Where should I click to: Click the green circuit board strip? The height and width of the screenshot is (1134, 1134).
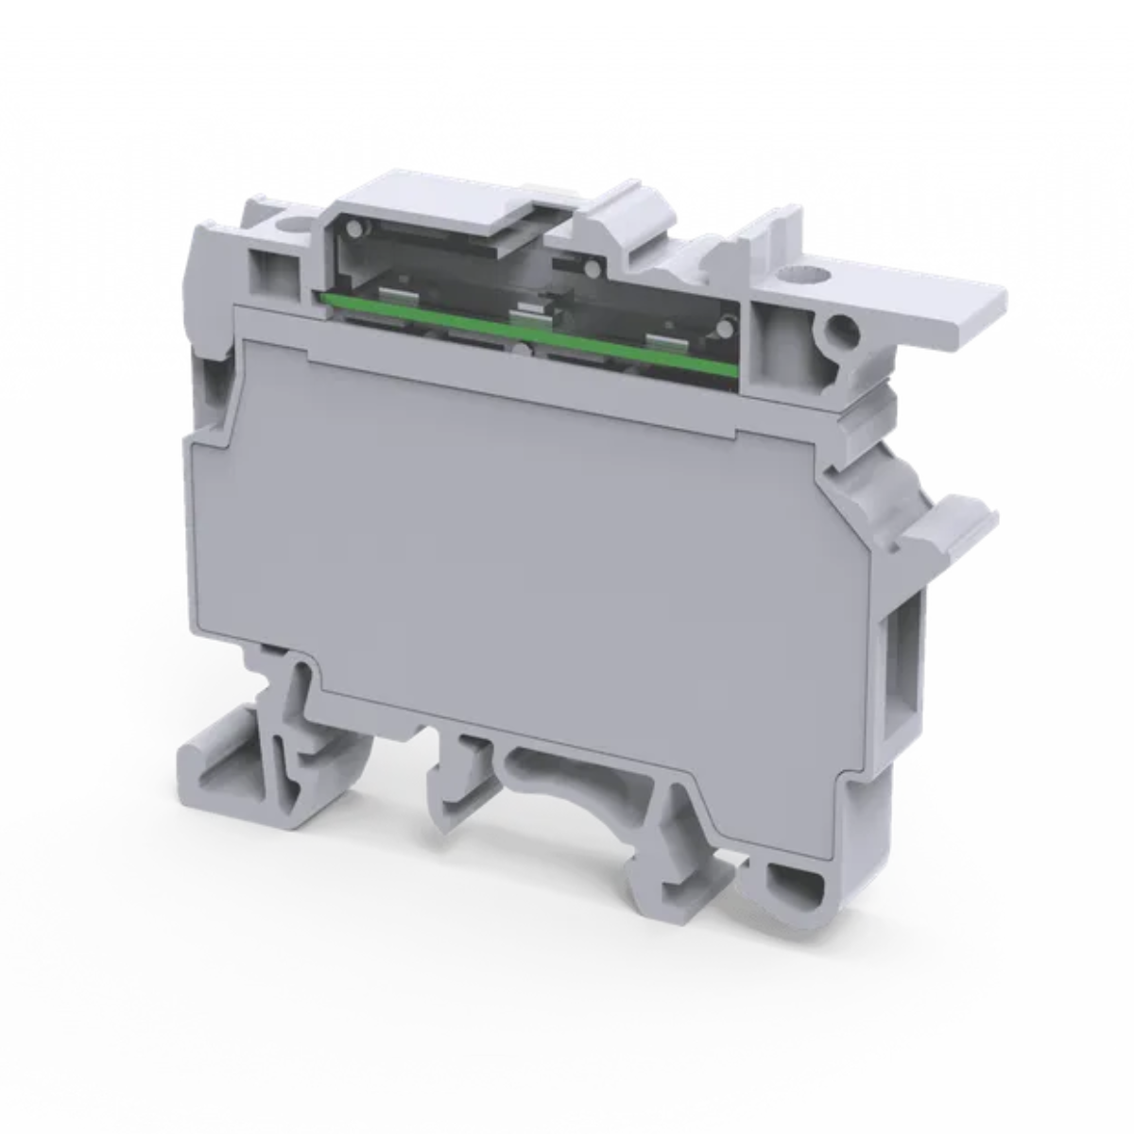click(x=529, y=335)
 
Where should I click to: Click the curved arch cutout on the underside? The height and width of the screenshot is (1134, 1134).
click(x=576, y=765)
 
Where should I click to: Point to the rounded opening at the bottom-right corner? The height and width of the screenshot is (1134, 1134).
click(x=788, y=885)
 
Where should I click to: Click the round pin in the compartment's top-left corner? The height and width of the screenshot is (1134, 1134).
click(x=352, y=229)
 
